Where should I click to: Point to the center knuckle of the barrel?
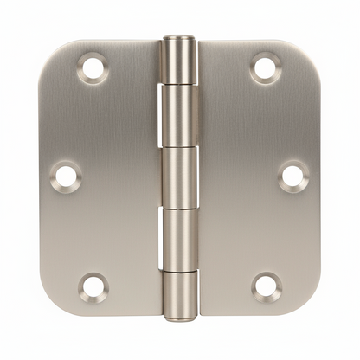[x=179, y=177]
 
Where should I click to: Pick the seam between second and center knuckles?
[x=179, y=148]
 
